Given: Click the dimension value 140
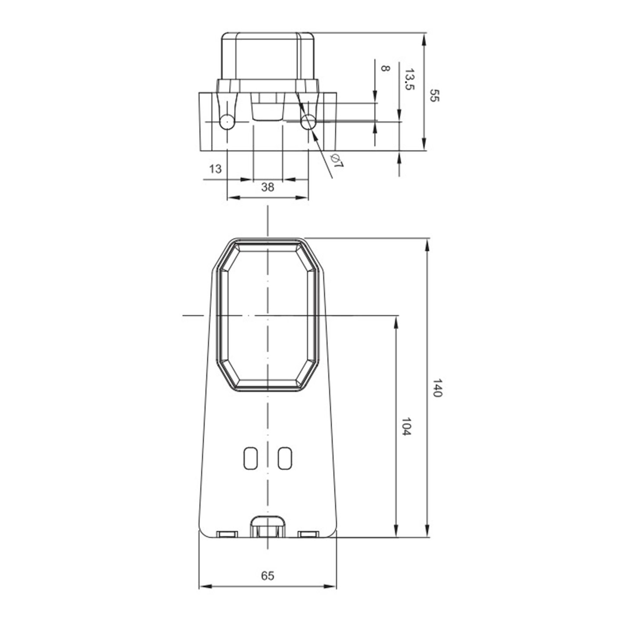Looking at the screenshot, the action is (437, 388).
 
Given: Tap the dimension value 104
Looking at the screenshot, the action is (406, 427).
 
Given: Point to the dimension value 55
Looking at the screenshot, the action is (434, 95).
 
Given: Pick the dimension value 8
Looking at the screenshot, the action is (385, 68).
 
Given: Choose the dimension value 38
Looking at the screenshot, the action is (267, 187).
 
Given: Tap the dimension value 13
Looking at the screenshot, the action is (215, 169).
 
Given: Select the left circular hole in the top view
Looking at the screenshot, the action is (227, 122).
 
